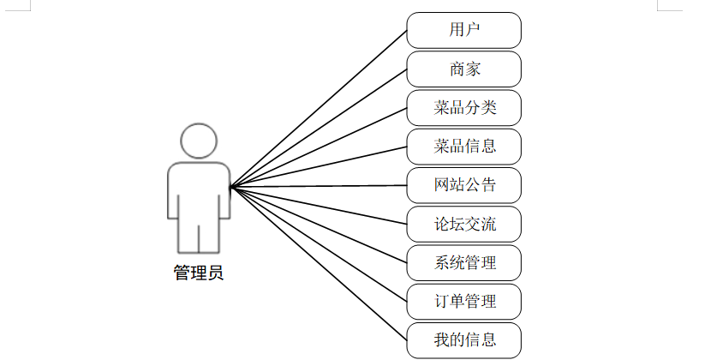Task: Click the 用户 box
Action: coord(463,30)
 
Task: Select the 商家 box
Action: coord(463,69)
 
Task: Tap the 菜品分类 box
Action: coord(463,108)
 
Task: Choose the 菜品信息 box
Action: coord(463,147)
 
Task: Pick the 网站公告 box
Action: coord(463,185)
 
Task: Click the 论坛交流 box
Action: coord(463,225)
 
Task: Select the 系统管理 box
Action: coord(463,263)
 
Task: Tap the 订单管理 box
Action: coord(463,302)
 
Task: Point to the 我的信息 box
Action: coord(463,340)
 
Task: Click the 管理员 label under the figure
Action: coord(199,274)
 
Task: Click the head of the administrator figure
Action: coord(199,141)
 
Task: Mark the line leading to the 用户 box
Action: coord(319,108)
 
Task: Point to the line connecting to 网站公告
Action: coord(319,186)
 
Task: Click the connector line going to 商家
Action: coord(319,128)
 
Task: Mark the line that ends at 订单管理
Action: coord(319,244)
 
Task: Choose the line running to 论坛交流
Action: coord(319,206)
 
